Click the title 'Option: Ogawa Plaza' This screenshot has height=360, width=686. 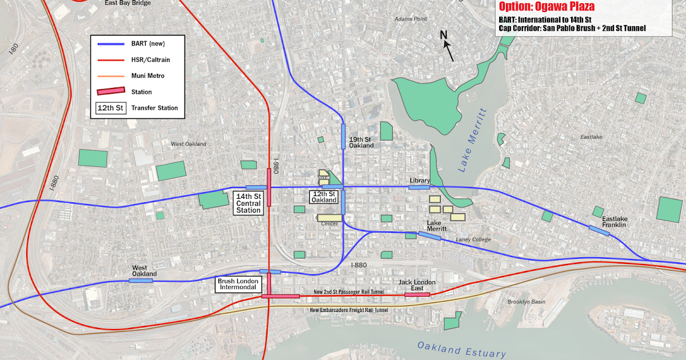point(546,7)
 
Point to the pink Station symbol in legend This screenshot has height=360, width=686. point(112,91)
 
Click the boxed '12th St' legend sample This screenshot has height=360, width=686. point(110,107)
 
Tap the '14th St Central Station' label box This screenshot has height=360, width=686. point(249,203)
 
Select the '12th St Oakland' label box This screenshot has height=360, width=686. point(324,197)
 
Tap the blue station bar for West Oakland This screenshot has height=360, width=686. point(141,281)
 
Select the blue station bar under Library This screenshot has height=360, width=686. point(419,187)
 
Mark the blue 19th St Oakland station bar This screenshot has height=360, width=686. point(343,136)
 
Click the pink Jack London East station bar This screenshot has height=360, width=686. point(417,295)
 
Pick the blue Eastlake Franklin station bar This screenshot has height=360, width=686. point(600,230)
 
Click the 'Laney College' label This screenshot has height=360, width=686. point(473,239)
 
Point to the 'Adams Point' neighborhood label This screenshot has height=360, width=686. point(410,19)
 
